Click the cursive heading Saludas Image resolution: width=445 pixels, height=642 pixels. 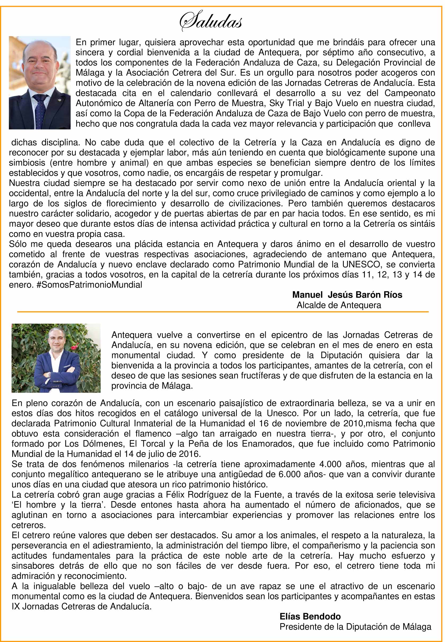[x=211, y=21]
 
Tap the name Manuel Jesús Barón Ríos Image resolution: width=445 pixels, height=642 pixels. [x=347, y=295]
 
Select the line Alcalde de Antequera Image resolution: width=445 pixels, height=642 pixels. [x=339, y=305]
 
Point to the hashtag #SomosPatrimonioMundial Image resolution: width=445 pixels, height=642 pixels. [x=89, y=285]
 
